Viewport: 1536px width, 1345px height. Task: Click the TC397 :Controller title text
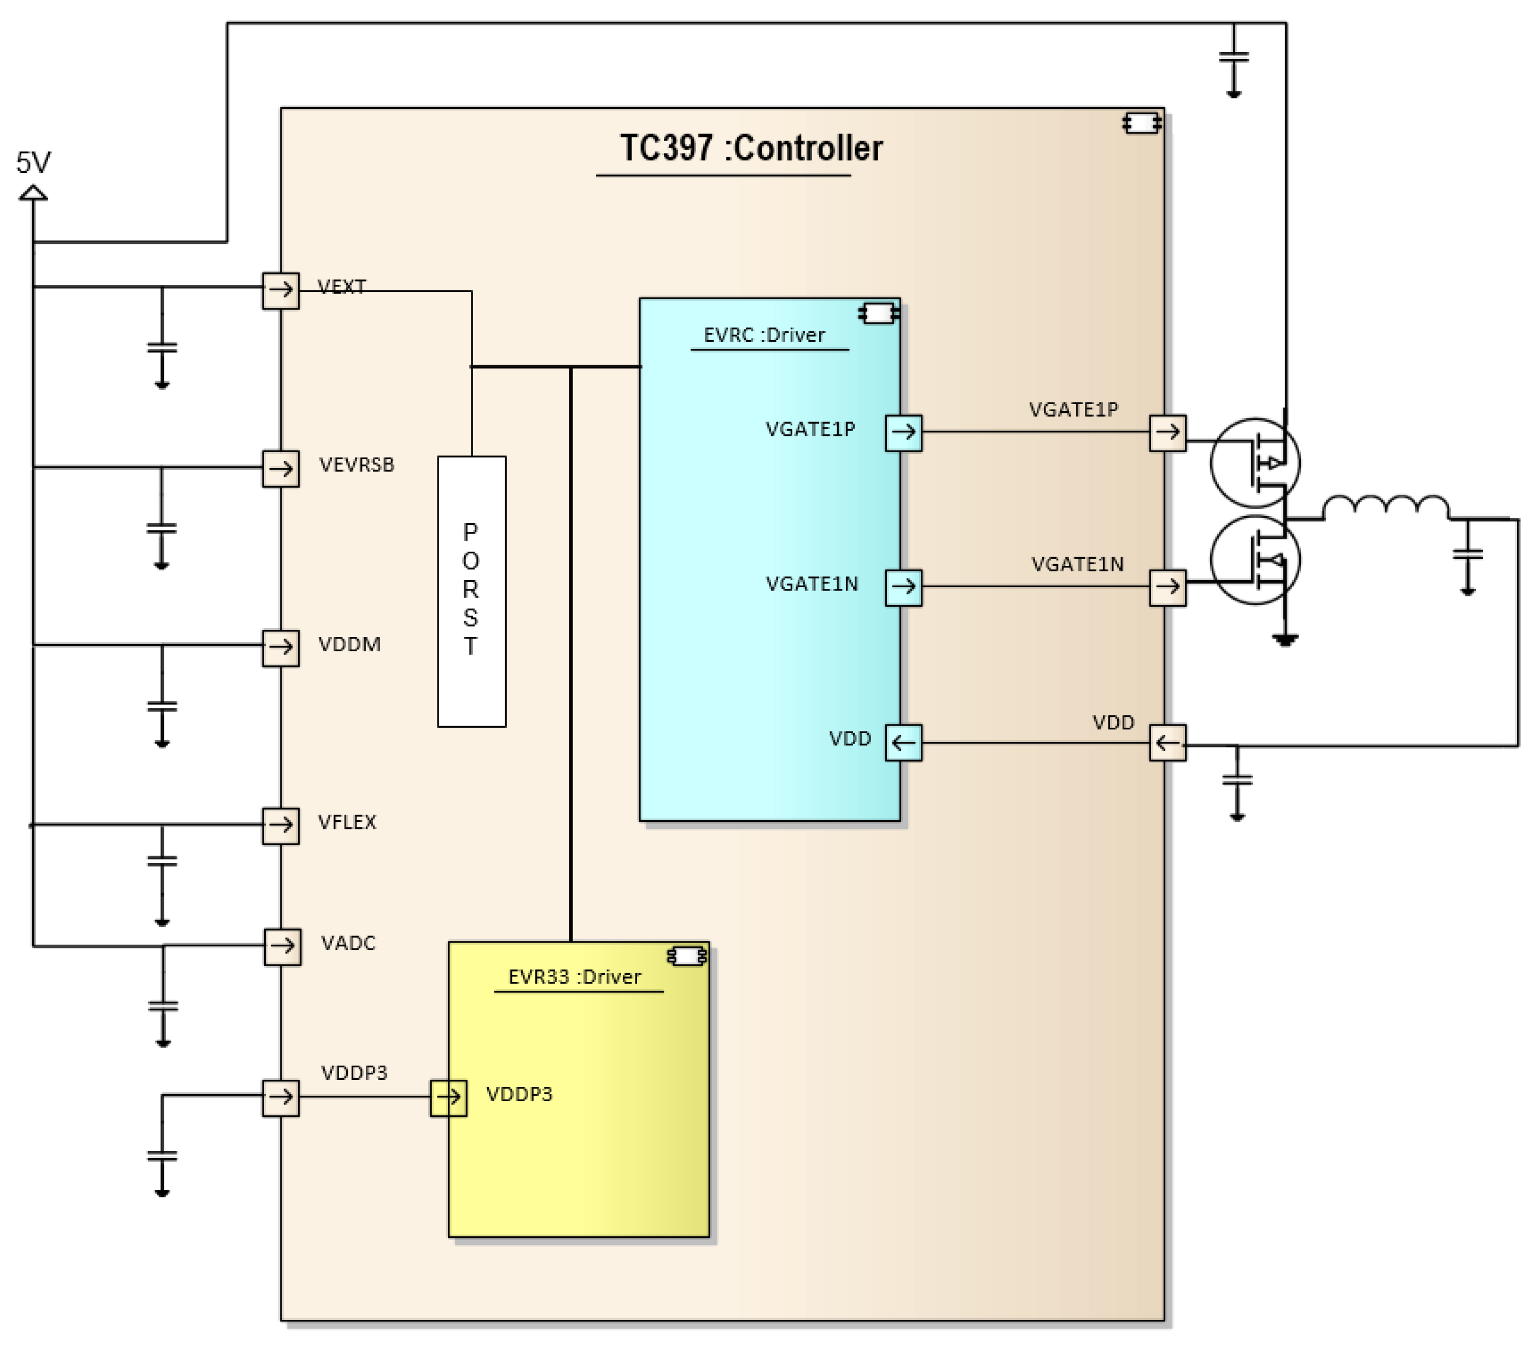point(750,148)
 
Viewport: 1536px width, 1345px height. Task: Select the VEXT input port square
point(281,290)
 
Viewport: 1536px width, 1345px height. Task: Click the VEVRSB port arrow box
point(281,469)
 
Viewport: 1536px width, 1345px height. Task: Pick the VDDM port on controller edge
point(281,647)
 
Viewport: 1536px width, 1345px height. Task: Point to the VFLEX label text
point(346,822)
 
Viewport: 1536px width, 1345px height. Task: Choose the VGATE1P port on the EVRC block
point(903,432)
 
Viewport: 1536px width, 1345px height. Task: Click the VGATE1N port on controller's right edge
point(1167,587)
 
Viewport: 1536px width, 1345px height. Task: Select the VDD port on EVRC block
point(903,743)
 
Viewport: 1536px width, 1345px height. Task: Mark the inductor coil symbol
point(1385,507)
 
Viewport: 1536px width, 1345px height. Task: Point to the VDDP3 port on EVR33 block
point(448,1097)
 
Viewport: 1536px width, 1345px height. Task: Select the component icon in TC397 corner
point(1142,123)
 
